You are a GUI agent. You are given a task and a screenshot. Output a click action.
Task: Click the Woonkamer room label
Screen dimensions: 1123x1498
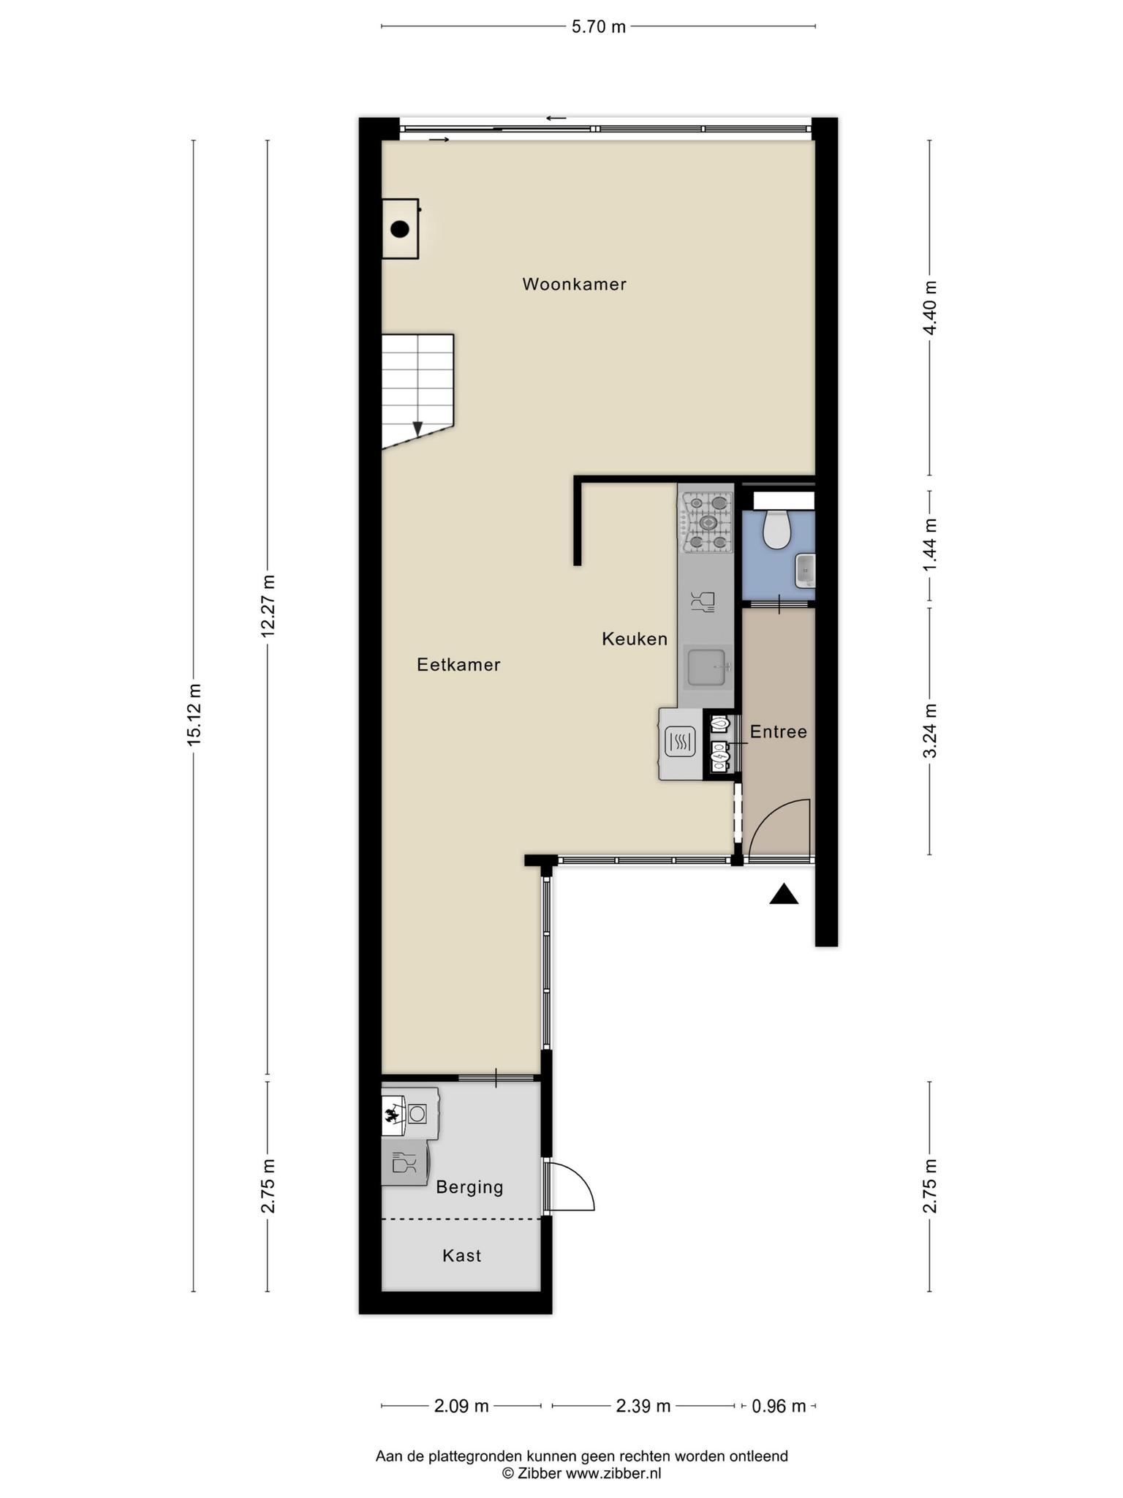(x=574, y=284)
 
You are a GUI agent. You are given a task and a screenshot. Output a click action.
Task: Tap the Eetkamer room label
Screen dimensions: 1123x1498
(x=458, y=664)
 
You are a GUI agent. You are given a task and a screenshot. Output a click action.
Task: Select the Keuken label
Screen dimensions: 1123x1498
(x=635, y=639)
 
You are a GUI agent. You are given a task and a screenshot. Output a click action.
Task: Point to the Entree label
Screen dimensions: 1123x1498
(x=779, y=731)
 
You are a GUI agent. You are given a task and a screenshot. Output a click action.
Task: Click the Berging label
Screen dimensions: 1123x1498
(x=469, y=1186)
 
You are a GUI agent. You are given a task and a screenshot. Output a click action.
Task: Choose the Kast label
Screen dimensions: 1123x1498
(x=462, y=1255)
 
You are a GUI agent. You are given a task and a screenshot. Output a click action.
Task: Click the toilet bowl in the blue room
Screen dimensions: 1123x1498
(x=776, y=529)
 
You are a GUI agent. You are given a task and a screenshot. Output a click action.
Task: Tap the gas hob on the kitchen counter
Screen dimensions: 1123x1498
(x=707, y=522)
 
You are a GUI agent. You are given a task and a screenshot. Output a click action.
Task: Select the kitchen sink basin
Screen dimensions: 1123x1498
(x=707, y=667)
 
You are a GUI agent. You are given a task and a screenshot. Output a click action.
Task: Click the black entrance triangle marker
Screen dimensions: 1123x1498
(x=784, y=894)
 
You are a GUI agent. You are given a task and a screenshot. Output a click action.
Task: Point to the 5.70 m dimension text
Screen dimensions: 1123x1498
(x=598, y=27)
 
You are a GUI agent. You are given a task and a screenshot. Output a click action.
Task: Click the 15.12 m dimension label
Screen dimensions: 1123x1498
(x=194, y=715)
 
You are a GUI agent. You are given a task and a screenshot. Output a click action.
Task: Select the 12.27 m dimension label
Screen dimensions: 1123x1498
(x=268, y=606)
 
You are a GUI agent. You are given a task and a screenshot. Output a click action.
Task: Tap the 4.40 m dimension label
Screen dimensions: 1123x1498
(x=930, y=308)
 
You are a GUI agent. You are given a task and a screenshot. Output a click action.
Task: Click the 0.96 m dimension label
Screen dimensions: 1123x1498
(x=779, y=1406)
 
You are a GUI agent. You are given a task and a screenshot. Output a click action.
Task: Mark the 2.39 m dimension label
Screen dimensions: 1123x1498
(x=643, y=1406)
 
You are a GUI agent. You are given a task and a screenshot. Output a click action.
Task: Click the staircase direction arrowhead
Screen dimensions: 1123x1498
(x=417, y=429)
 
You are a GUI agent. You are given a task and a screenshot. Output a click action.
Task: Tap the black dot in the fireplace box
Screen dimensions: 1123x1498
(x=399, y=230)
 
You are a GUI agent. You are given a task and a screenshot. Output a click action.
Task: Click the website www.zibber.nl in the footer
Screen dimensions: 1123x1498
(x=613, y=1474)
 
